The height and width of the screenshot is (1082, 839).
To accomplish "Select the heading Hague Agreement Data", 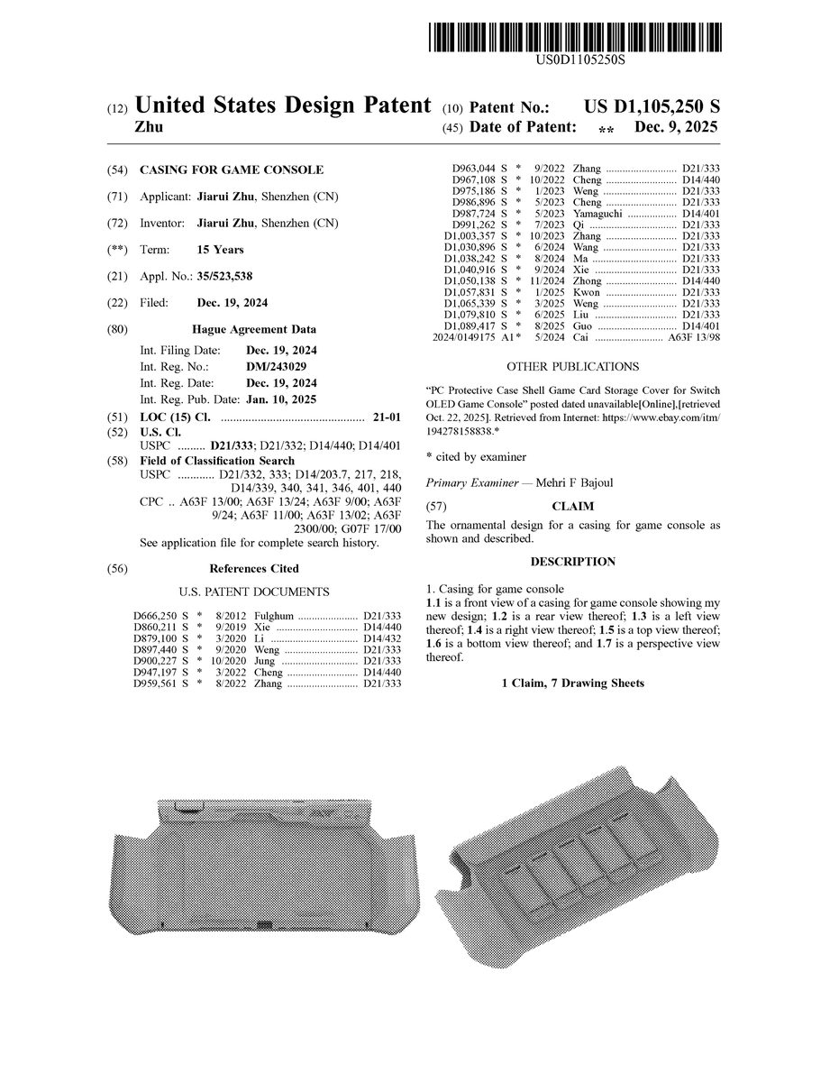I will click(x=254, y=330).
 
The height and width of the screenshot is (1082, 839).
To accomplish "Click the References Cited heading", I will click(x=254, y=569).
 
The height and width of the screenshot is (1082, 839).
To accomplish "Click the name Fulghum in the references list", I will click(x=275, y=614).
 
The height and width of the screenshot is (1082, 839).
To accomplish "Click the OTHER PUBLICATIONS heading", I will click(x=572, y=367).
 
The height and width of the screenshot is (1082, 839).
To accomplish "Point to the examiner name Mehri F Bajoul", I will click(x=574, y=482).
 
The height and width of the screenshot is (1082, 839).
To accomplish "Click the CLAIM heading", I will click(x=572, y=507).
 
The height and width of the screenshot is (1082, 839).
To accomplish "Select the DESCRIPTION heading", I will click(x=572, y=562).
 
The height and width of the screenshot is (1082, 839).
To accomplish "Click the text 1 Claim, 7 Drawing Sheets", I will click(x=572, y=683).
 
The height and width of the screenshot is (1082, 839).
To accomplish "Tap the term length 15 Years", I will click(x=220, y=250).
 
